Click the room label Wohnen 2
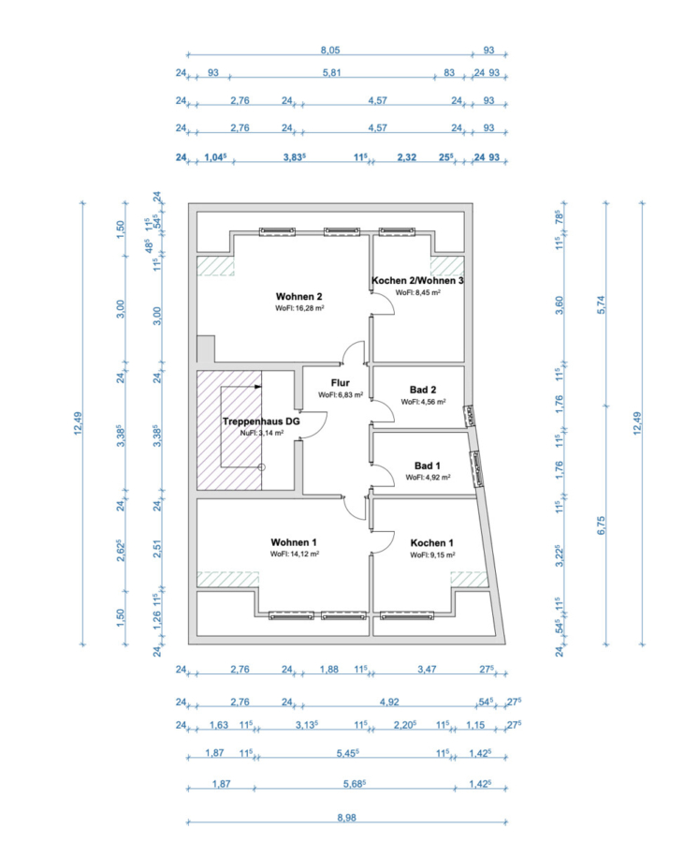point(299,296)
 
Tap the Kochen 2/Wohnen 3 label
point(417,281)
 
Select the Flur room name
point(340,382)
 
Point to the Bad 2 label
point(423,390)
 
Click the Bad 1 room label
point(428,465)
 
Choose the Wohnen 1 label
point(295,542)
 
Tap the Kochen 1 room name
point(432,542)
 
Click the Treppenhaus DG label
point(261,421)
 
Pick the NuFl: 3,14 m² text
point(261,434)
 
